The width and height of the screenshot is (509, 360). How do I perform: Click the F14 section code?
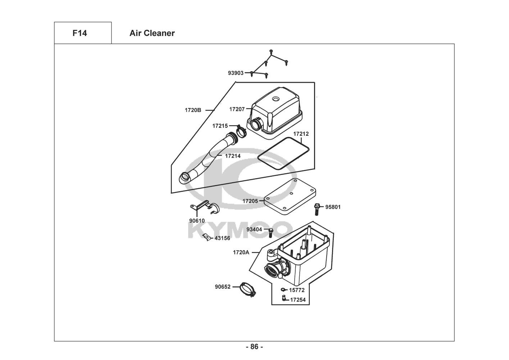click(79, 33)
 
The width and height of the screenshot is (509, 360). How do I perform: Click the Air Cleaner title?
click(152, 33)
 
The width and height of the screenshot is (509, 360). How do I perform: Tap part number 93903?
click(235, 73)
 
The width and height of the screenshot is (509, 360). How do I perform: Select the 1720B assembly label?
click(193, 110)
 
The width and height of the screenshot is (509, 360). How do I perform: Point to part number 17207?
click(237, 109)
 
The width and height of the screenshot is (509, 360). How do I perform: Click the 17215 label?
click(220, 126)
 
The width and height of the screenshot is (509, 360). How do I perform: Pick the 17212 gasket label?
click(301, 134)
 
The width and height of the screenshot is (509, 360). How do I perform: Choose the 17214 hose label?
click(233, 156)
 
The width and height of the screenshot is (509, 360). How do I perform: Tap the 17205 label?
click(250, 201)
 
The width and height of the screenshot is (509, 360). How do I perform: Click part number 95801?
click(333, 207)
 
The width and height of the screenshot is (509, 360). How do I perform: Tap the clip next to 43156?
click(206, 237)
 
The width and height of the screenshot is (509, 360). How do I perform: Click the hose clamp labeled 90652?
click(247, 289)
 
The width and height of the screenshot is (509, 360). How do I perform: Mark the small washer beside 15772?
click(283, 289)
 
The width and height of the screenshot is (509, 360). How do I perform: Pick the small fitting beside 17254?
click(284, 298)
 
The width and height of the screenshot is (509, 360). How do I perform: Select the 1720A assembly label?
click(241, 252)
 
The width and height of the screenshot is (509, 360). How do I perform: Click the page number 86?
click(254, 347)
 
